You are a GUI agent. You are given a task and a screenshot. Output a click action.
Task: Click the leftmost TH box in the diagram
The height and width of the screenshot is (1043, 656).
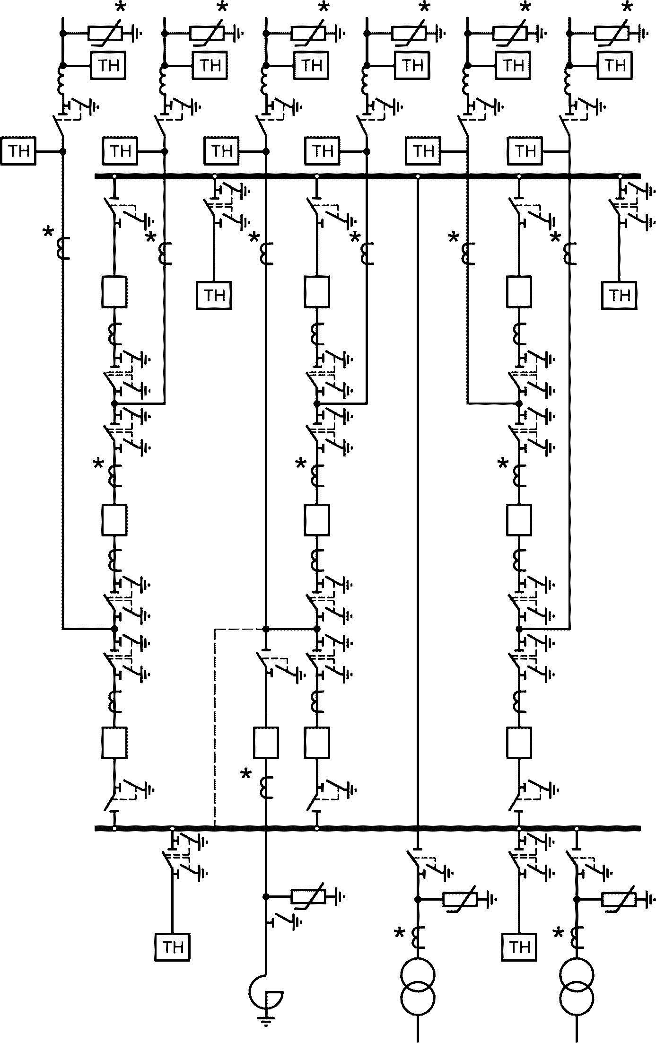point(19,151)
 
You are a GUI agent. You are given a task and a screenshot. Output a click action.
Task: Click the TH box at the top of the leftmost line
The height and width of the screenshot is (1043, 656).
point(108,65)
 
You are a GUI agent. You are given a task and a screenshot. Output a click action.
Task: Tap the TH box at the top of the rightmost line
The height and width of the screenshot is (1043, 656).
point(615,65)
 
